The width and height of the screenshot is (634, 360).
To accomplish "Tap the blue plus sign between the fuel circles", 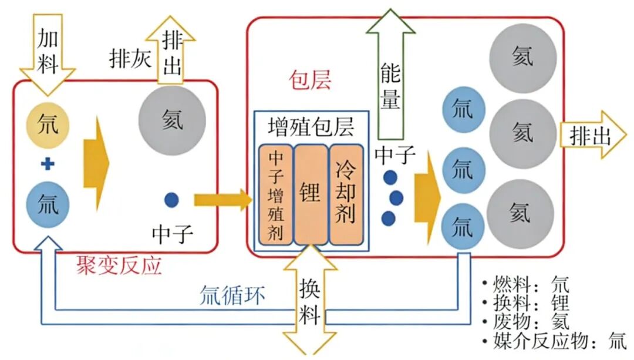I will pos(48,164).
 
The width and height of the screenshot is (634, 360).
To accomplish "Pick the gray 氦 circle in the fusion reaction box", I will pos(172,119).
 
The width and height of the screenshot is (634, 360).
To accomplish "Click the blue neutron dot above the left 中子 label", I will pos(171,200).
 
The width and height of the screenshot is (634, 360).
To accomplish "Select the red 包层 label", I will pos(311,80).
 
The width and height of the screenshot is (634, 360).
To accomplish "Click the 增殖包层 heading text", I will pos(311,127).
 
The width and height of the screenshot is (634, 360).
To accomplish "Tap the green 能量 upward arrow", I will pos(390,76).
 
